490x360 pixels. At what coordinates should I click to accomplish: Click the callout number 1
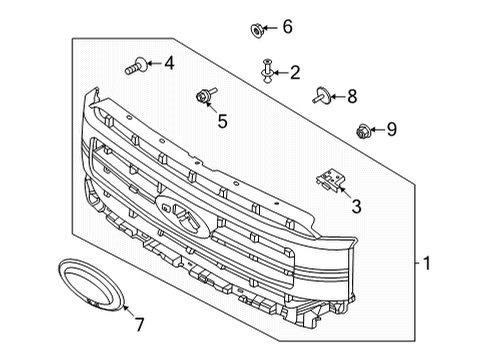click(427, 264)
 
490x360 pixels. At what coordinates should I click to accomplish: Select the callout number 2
click(295, 71)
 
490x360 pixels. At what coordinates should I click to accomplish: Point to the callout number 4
click(169, 64)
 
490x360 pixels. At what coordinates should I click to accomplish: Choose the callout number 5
click(222, 122)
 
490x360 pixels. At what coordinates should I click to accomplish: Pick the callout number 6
click(287, 27)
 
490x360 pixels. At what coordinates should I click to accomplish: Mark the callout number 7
click(139, 325)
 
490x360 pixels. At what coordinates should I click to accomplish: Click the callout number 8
click(351, 96)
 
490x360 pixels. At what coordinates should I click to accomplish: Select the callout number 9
click(391, 128)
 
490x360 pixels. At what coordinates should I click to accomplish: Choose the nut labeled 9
click(365, 128)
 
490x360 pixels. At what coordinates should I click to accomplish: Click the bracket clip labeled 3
click(325, 178)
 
